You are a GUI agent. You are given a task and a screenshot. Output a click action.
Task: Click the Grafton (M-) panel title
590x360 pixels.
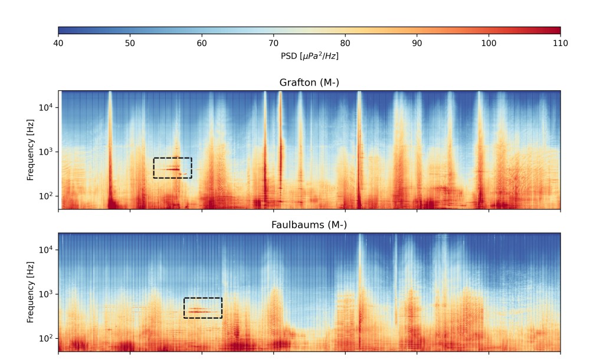[309, 83]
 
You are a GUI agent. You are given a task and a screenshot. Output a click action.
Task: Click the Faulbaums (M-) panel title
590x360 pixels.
[309, 225]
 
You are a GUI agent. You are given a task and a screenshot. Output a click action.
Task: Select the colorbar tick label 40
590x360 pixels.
[58, 44]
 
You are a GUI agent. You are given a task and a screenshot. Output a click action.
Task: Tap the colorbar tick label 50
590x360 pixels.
[130, 44]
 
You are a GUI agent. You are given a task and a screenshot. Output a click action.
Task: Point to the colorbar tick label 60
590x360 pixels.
[202, 44]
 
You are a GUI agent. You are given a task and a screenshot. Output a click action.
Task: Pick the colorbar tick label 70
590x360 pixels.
[273, 44]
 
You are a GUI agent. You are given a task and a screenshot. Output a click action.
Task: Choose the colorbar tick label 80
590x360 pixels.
[345, 44]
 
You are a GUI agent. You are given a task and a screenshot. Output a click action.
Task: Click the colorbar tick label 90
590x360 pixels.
[417, 44]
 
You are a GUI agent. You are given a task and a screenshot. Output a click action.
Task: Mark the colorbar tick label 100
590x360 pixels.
[489, 44]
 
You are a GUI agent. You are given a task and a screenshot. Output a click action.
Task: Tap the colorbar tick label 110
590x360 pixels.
[560, 44]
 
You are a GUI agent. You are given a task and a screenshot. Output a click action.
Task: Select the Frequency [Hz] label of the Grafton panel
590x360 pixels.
[31, 150]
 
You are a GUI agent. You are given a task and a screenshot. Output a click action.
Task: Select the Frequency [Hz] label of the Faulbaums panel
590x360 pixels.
[31, 293]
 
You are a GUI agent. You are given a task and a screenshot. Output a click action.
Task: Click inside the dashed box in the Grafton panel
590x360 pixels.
[172, 168]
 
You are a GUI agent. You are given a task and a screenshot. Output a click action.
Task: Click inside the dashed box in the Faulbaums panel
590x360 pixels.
[203, 307]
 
